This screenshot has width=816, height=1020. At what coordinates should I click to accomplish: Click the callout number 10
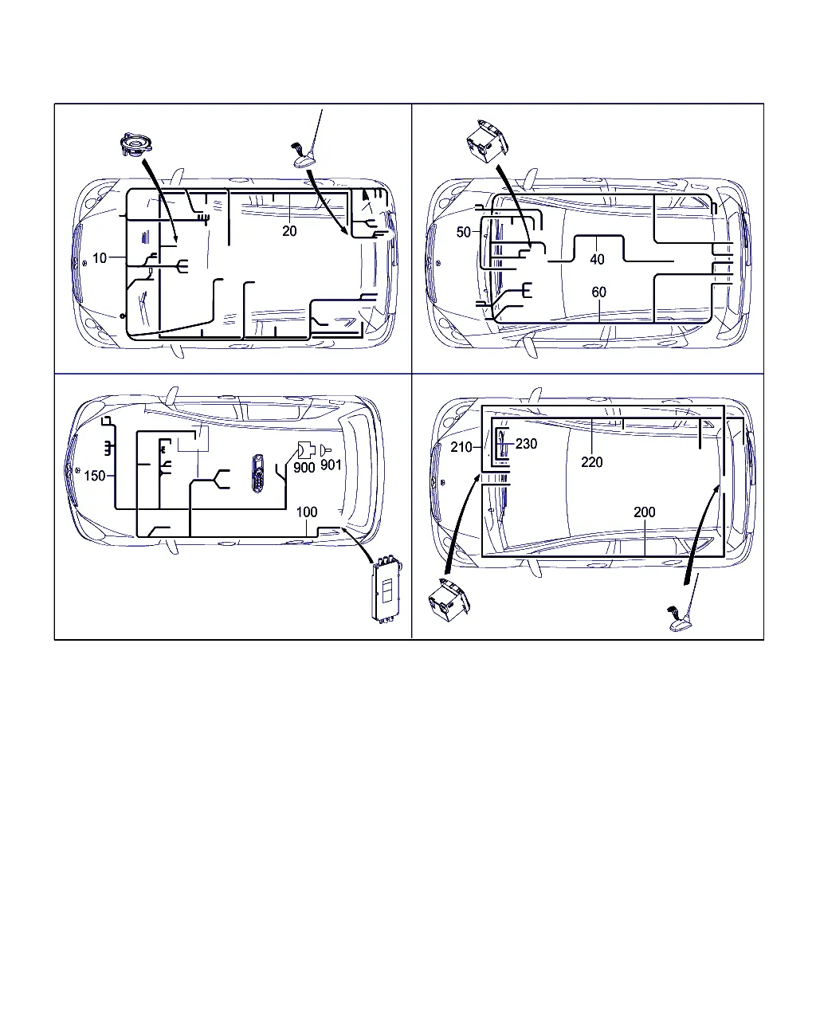click(x=100, y=258)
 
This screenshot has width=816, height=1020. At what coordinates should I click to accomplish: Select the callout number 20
click(x=289, y=231)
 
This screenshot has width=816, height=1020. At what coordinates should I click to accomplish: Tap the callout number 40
click(x=597, y=259)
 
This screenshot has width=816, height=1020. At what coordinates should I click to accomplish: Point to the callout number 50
click(x=463, y=232)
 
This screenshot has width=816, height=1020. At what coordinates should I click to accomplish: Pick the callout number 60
click(x=598, y=292)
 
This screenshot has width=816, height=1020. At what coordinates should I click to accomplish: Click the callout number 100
click(x=307, y=512)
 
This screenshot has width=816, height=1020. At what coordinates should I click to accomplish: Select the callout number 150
click(x=94, y=476)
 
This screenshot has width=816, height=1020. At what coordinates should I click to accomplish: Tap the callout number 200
click(x=645, y=512)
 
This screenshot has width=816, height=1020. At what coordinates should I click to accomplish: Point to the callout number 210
click(x=461, y=447)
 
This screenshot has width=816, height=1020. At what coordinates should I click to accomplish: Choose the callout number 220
click(x=592, y=462)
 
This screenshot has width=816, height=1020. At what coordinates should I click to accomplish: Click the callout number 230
click(x=526, y=444)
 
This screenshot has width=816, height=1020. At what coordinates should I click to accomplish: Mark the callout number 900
click(x=304, y=467)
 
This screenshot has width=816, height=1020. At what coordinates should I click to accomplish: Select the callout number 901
click(x=331, y=465)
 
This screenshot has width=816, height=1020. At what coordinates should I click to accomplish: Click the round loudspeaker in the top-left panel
click(x=136, y=143)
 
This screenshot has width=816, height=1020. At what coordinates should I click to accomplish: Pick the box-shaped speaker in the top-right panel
click(x=487, y=141)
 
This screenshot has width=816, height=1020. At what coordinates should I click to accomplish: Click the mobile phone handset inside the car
click(x=258, y=473)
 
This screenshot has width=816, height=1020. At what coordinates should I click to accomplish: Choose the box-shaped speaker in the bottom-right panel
click(x=449, y=601)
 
